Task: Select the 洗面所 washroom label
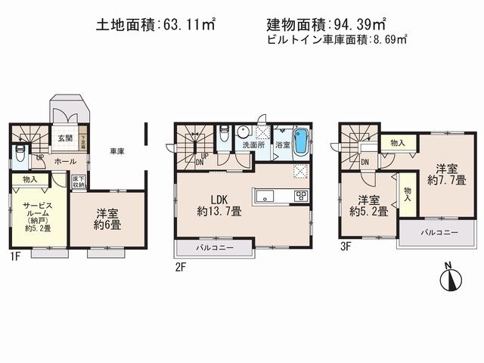point(252,144)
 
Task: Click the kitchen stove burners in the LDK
point(300,196)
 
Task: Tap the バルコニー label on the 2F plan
point(215,247)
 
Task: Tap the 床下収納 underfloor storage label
point(78,181)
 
